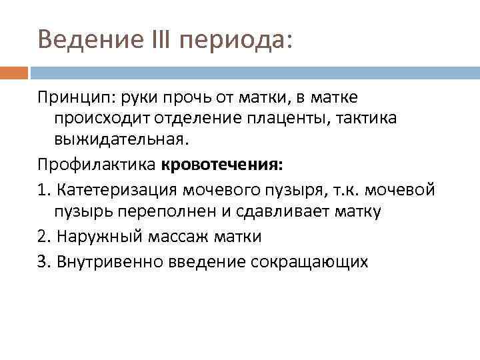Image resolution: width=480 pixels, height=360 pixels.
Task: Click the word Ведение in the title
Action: point(83,40)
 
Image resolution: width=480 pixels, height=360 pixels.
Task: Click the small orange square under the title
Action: point(14,72)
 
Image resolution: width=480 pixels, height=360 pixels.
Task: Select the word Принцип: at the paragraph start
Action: point(75,98)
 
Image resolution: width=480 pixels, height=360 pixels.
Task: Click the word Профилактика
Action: point(97,163)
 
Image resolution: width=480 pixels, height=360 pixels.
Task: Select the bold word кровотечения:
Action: point(217,163)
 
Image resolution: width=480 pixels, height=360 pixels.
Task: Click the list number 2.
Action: point(42,236)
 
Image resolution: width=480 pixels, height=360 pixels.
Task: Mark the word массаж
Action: point(169,236)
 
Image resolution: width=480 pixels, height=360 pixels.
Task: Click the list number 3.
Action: point(42,261)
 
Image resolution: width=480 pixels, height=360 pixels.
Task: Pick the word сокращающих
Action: point(309,261)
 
